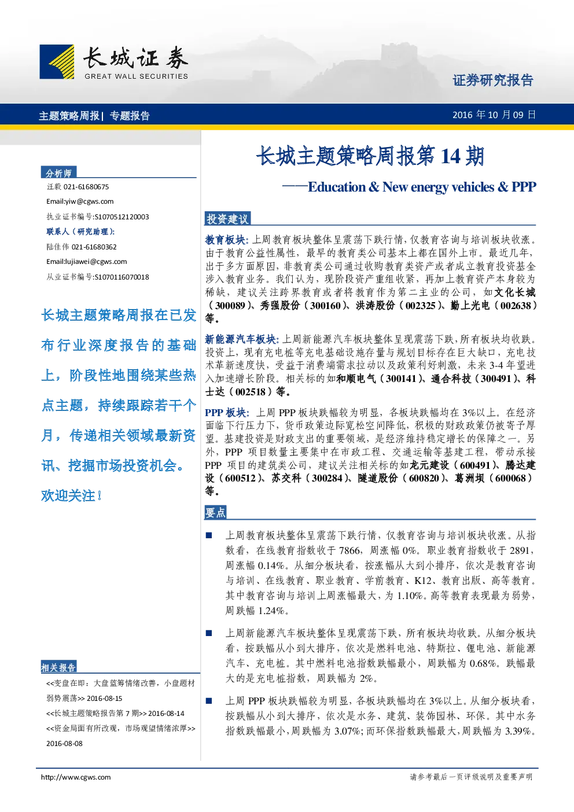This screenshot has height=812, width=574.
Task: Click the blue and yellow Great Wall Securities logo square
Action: tap(57, 61)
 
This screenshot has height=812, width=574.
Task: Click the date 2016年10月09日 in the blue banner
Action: tap(494, 115)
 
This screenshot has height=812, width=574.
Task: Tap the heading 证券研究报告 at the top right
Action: tap(493, 80)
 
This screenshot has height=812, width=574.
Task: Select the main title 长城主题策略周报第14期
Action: tap(370, 156)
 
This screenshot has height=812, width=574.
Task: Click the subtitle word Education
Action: tap(337, 187)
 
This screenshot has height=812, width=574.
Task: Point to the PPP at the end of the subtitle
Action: tap(524, 187)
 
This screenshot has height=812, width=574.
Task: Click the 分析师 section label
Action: tap(58, 173)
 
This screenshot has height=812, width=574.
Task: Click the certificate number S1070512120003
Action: tap(122, 217)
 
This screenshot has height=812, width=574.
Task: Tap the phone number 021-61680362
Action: tap(94, 247)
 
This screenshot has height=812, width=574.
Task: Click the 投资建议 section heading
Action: tap(227, 219)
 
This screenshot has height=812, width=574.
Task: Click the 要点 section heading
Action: tap(216, 512)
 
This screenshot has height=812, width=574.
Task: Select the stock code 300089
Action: tap(230, 306)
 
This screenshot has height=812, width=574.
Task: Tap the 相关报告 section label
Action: tap(58, 667)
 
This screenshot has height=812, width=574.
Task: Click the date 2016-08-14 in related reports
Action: tap(166, 714)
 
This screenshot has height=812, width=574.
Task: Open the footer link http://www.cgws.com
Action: tap(76, 777)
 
